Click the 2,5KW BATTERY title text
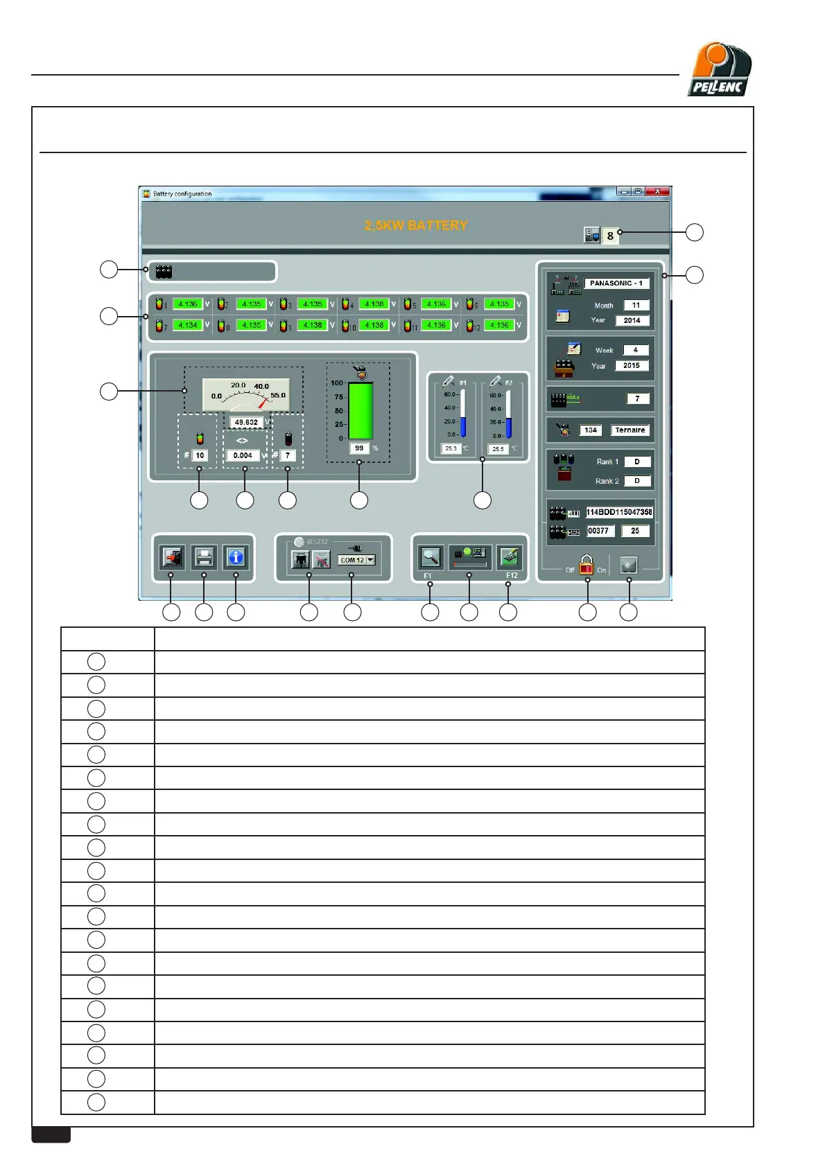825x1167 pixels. coord(416,226)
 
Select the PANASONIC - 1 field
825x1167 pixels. coord(616,283)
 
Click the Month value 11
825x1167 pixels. coord(636,306)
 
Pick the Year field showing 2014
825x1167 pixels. coord(632,321)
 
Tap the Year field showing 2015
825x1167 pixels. coord(632,366)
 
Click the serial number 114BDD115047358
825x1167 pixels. coord(619,512)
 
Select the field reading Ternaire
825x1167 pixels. coord(629,430)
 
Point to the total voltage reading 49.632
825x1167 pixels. coord(246,422)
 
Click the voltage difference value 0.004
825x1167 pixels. coord(243,456)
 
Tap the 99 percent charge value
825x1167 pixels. coord(359,448)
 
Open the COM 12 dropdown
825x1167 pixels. coord(370,560)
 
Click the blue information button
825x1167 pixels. coord(236,557)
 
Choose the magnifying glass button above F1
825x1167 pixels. coord(431,557)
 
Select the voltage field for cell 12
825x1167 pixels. coord(499,325)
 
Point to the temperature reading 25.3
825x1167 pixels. coord(451,449)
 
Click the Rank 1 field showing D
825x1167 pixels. coord(637,462)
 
